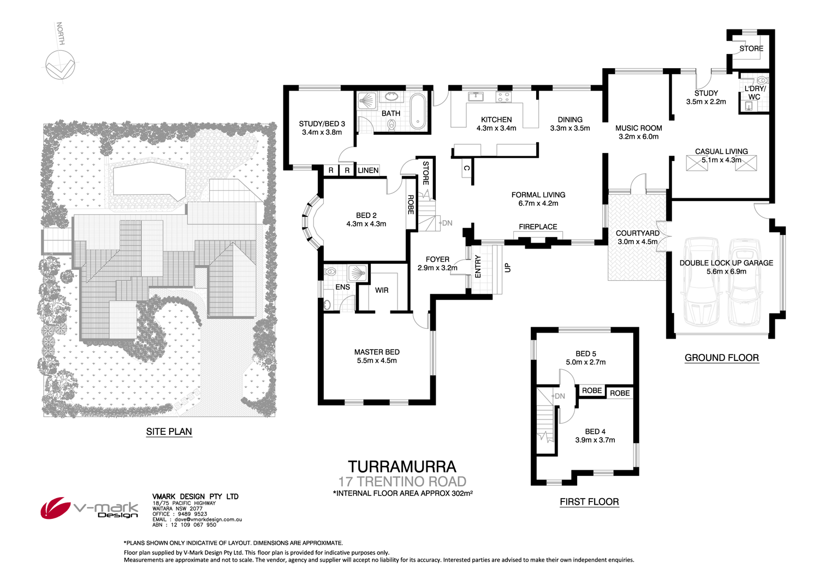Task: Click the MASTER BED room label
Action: (376, 352)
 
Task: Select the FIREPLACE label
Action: (538, 227)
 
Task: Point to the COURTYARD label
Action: (637, 233)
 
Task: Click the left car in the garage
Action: (698, 281)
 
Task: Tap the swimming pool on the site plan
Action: (148, 180)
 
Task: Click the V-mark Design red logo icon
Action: (55, 509)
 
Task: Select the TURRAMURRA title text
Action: (402, 466)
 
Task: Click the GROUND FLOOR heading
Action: (721, 358)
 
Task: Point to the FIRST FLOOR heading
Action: (589, 501)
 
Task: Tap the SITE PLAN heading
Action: (169, 432)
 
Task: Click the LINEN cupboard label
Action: (368, 170)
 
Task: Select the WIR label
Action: (382, 290)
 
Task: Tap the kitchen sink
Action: (476, 97)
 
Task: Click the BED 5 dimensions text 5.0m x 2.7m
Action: (585, 362)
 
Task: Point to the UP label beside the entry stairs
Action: (508, 268)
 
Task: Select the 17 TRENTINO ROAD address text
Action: (402, 481)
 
